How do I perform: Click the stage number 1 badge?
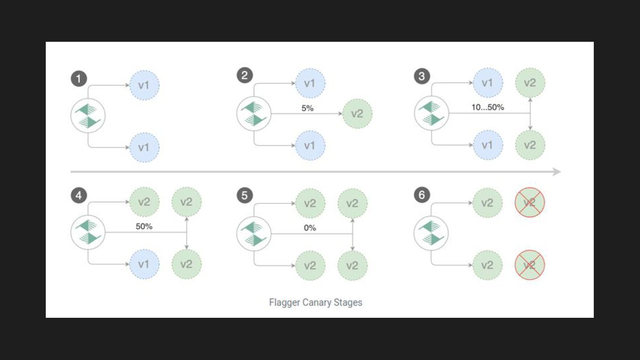point(79,79)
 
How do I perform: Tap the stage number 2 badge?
point(244,76)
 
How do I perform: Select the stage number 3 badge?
point(422,76)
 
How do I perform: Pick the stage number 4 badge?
point(79,195)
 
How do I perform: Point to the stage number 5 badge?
point(244,195)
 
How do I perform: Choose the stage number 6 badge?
point(422,195)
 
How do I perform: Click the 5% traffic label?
point(307,108)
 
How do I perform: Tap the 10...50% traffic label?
point(488,107)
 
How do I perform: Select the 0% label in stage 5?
point(310,228)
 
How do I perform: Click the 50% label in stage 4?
point(144,226)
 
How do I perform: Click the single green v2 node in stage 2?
point(357,114)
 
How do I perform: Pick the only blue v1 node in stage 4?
point(144,264)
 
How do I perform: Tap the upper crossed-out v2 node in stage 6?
point(529,203)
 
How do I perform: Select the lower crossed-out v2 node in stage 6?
point(529,265)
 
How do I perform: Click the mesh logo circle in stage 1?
point(88,116)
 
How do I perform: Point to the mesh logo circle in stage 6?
point(431,233)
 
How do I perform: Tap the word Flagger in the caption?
point(284,303)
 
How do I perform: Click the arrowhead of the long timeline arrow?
point(557,172)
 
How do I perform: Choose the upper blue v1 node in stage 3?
point(488,83)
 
